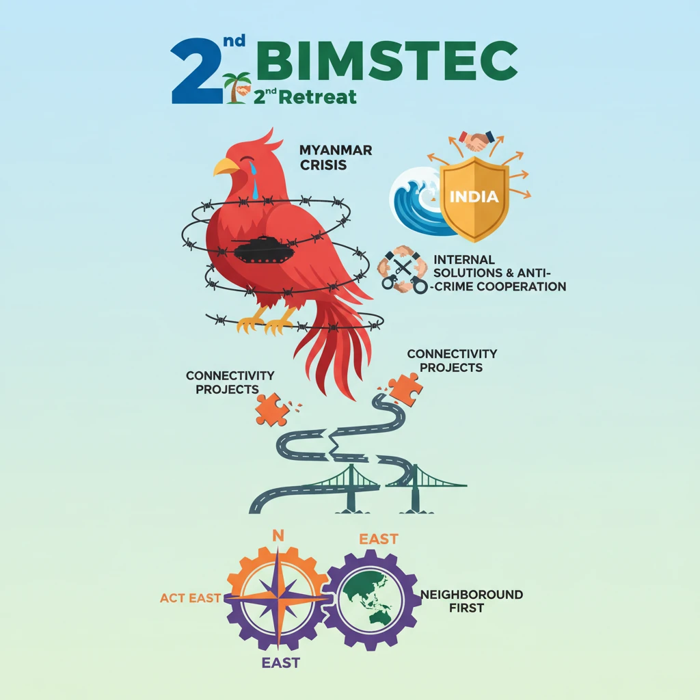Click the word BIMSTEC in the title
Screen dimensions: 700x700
point(390,62)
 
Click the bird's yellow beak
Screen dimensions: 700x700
point(226,167)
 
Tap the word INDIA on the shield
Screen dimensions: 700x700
point(474,197)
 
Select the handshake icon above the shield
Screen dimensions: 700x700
point(477,141)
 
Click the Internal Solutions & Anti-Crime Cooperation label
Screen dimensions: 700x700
point(499,273)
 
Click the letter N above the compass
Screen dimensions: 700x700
point(278,535)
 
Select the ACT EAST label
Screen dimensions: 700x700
point(191,598)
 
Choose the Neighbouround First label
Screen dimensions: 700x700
point(472,601)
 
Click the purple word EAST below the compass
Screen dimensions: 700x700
point(280,662)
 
